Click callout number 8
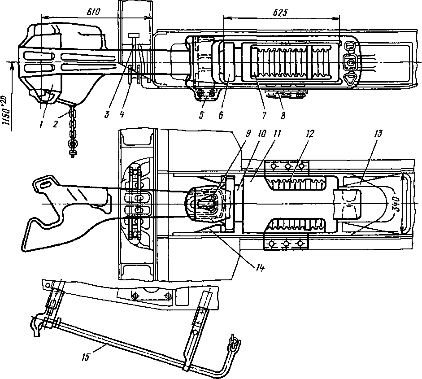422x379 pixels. [x=283, y=115]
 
